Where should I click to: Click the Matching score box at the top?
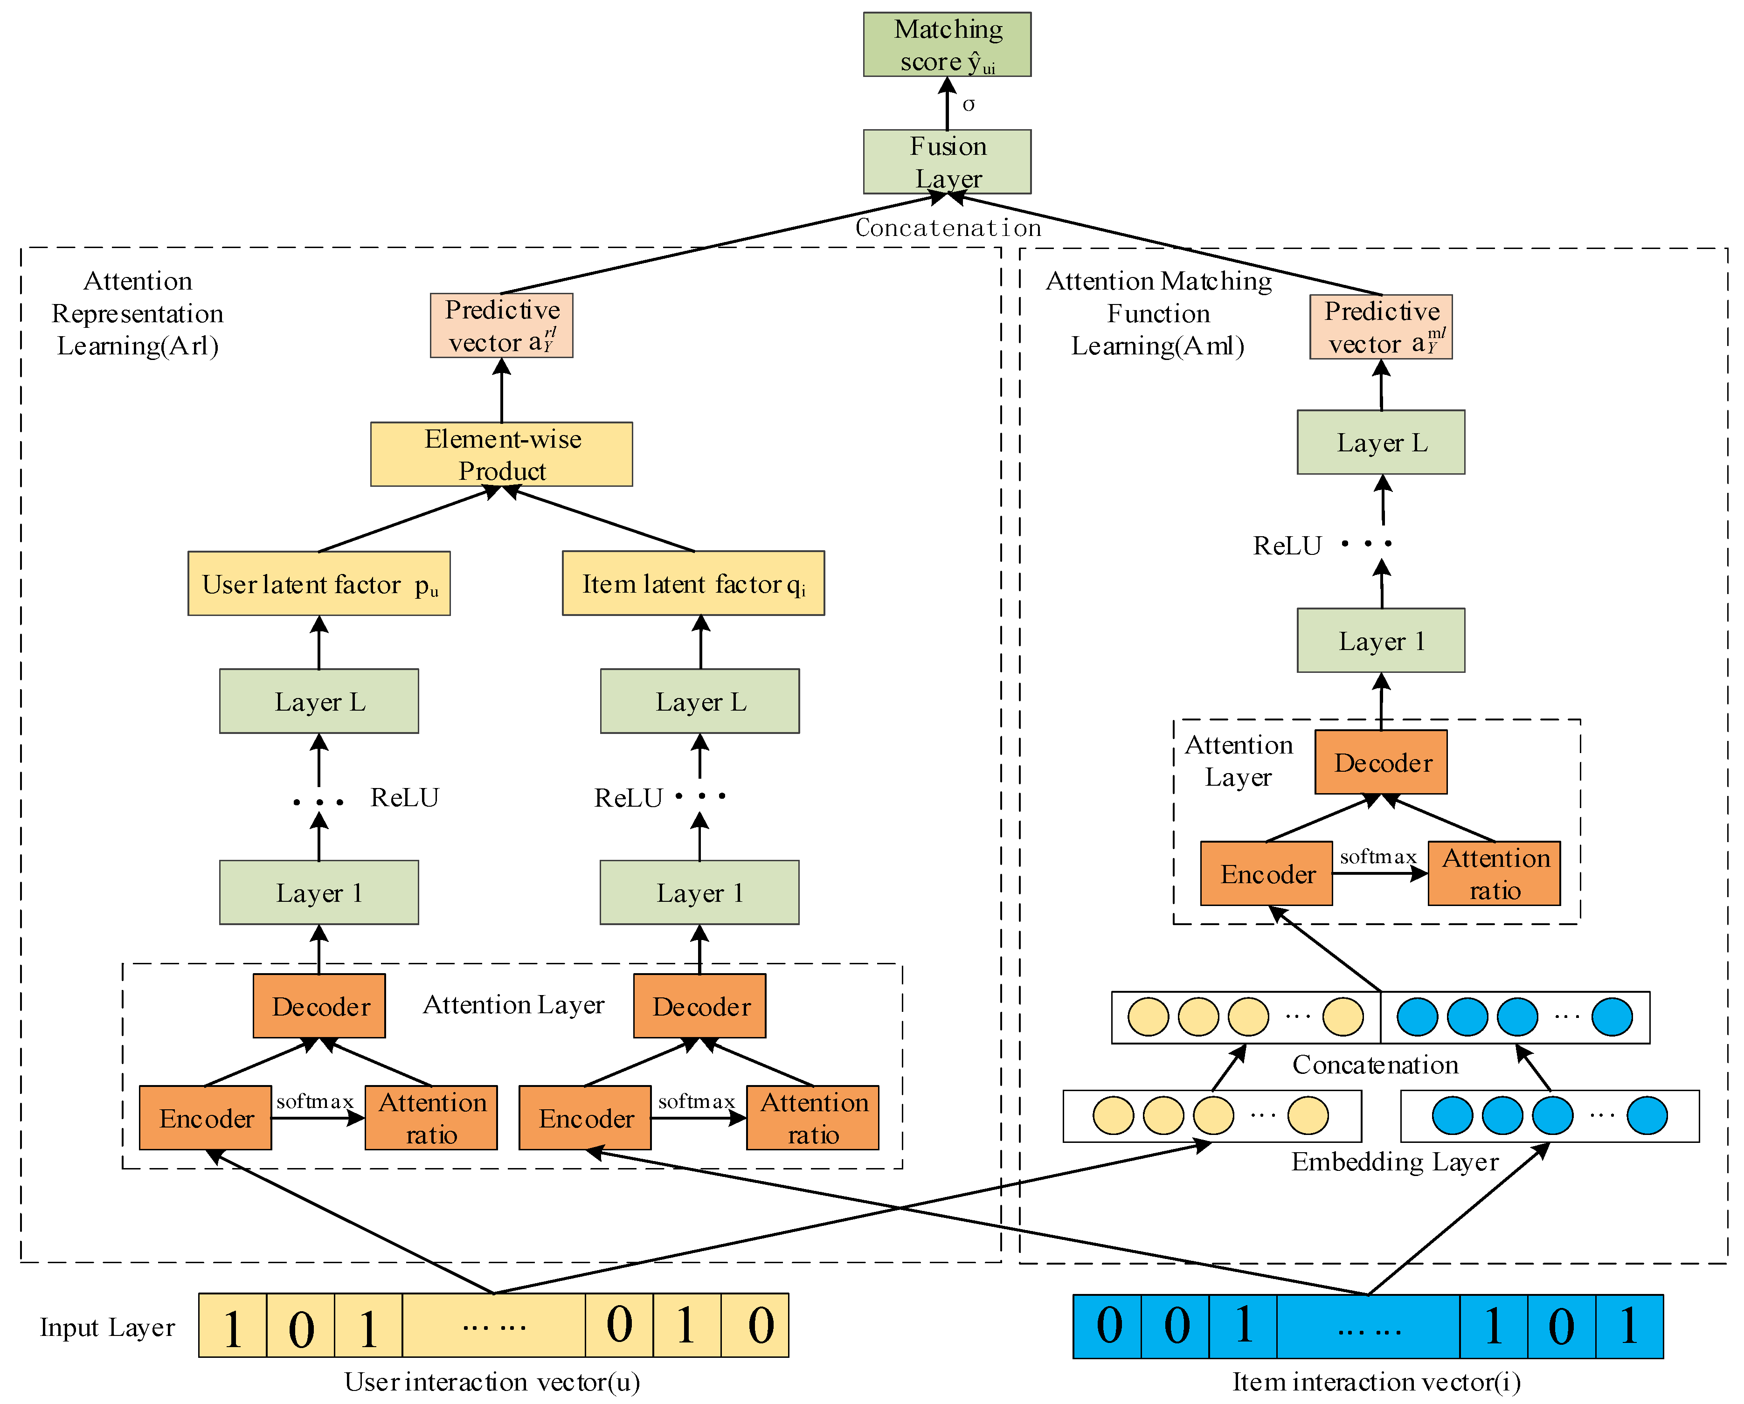point(947,44)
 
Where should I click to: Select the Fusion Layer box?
point(947,162)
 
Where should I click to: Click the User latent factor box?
point(318,584)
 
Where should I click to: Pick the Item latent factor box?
point(693,584)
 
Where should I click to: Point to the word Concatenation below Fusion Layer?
point(948,228)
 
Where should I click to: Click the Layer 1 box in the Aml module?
point(1381,641)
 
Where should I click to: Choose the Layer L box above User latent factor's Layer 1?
point(318,701)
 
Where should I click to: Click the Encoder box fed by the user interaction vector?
point(206,1118)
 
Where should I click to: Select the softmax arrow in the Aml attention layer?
point(1380,873)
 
